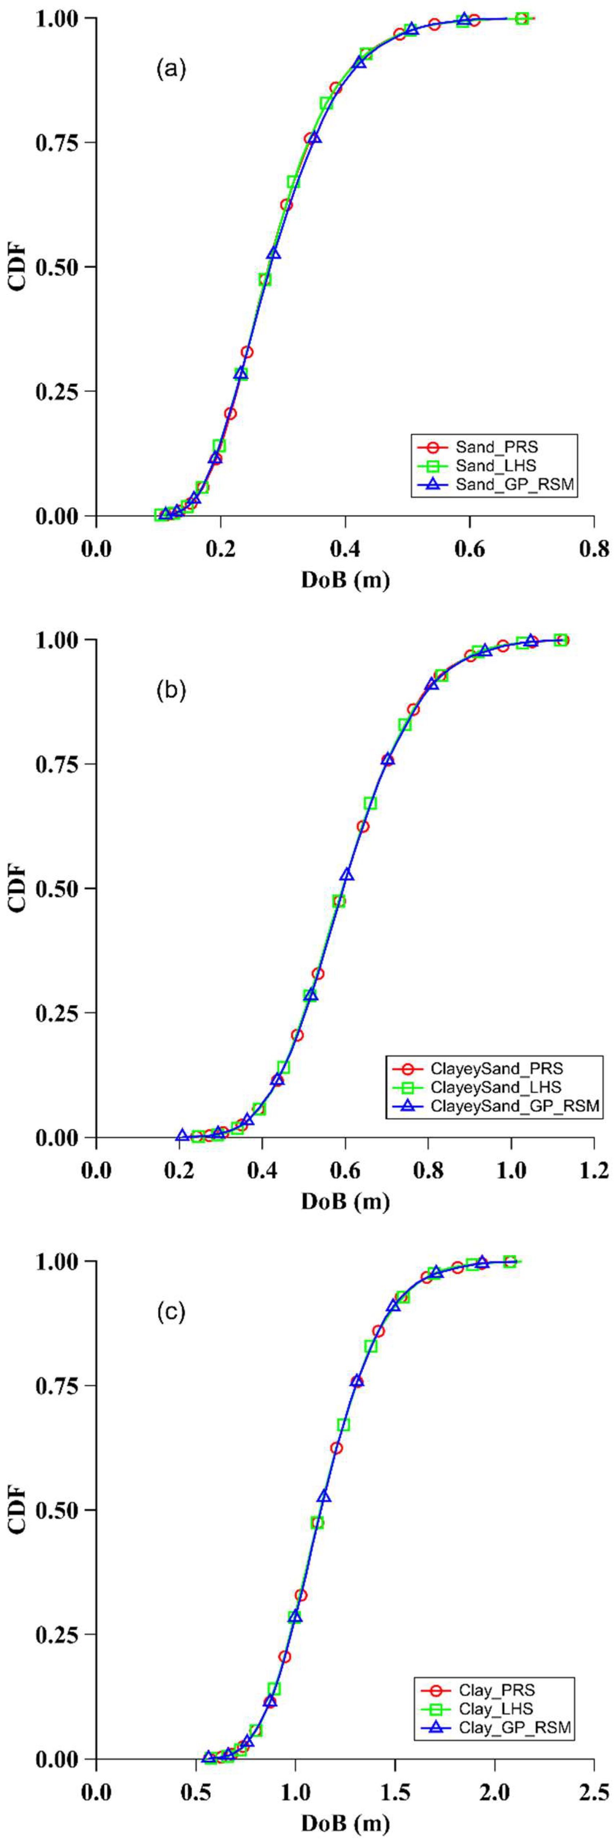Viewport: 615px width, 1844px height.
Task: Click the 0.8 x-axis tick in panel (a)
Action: click(x=593, y=550)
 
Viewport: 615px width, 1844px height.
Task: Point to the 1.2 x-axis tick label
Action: click(x=593, y=1171)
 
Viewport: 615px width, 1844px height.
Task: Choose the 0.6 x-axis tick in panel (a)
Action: click(x=469, y=550)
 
